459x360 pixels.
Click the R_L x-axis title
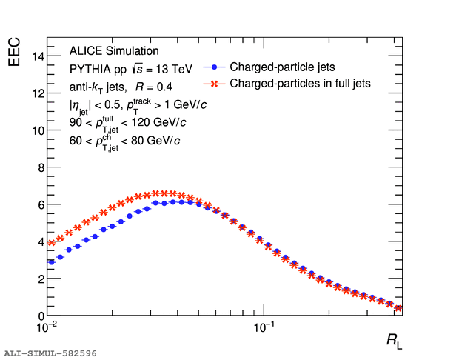(394, 341)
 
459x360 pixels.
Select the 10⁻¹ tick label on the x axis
(264, 327)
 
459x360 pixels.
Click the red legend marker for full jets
(212, 84)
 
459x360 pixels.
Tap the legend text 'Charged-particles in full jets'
(300, 84)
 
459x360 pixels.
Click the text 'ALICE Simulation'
(114, 51)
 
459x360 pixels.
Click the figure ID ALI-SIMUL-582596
(50, 353)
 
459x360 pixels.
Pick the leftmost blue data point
(51, 262)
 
